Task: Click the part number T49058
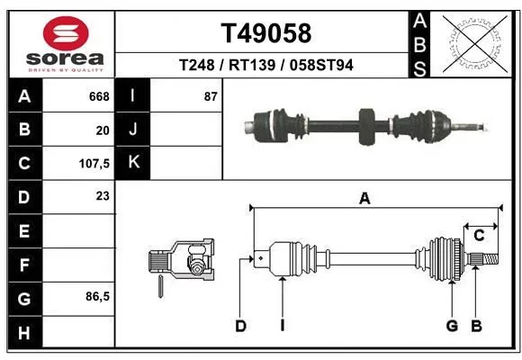pos(266,33)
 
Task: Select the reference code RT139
pos(252,65)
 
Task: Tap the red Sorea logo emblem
pos(66,33)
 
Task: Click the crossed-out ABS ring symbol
pos(475,43)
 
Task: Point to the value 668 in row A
pos(99,96)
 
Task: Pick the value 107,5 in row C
pos(94,164)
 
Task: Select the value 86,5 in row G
pos(97,296)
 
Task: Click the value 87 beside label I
pos(211,96)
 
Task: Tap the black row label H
pos(25,333)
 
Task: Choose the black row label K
pos(133,163)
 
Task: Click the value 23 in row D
pos(103,196)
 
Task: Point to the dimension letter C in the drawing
pos(479,236)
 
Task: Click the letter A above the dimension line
pos(364,199)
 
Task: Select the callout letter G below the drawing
pos(452,326)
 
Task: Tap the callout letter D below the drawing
pos(240,326)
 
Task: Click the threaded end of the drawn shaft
pos(491,259)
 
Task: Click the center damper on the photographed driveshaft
pos(367,127)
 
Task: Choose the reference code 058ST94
pos(321,65)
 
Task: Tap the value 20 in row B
pos(103,130)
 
